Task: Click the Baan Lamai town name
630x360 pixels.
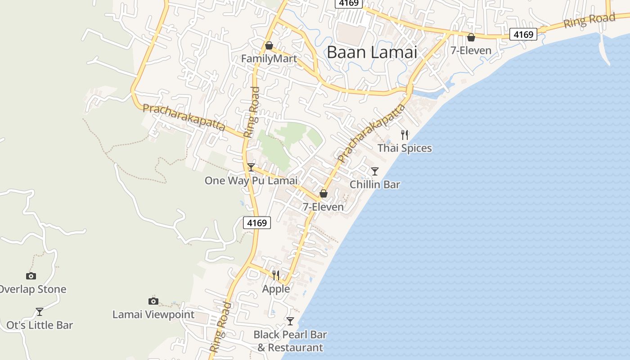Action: coord(372,52)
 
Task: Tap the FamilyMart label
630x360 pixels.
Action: coord(269,59)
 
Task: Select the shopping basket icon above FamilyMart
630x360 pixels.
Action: coord(269,45)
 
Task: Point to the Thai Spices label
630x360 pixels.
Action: coord(405,148)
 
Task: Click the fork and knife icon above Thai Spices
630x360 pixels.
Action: coord(405,135)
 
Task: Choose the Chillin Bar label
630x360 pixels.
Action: coord(375,184)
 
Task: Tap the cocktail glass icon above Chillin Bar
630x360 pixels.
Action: coord(374,171)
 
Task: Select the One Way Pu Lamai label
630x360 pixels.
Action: coord(251,180)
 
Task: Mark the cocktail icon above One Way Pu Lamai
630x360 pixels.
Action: coord(251,167)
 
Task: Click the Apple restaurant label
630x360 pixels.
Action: coord(276,288)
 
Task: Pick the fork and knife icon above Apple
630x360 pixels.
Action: coord(276,275)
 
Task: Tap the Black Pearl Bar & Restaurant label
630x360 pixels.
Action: coord(290,341)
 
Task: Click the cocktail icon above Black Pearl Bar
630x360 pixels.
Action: coord(290,321)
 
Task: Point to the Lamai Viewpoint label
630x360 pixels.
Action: coord(153,315)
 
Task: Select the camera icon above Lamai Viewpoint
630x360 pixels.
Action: coord(153,301)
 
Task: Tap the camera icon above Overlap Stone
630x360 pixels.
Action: coord(31,276)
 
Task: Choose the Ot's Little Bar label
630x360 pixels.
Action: coord(40,325)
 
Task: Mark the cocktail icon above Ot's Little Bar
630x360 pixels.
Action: coord(40,311)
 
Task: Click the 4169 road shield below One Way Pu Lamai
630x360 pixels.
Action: coord(257,222)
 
